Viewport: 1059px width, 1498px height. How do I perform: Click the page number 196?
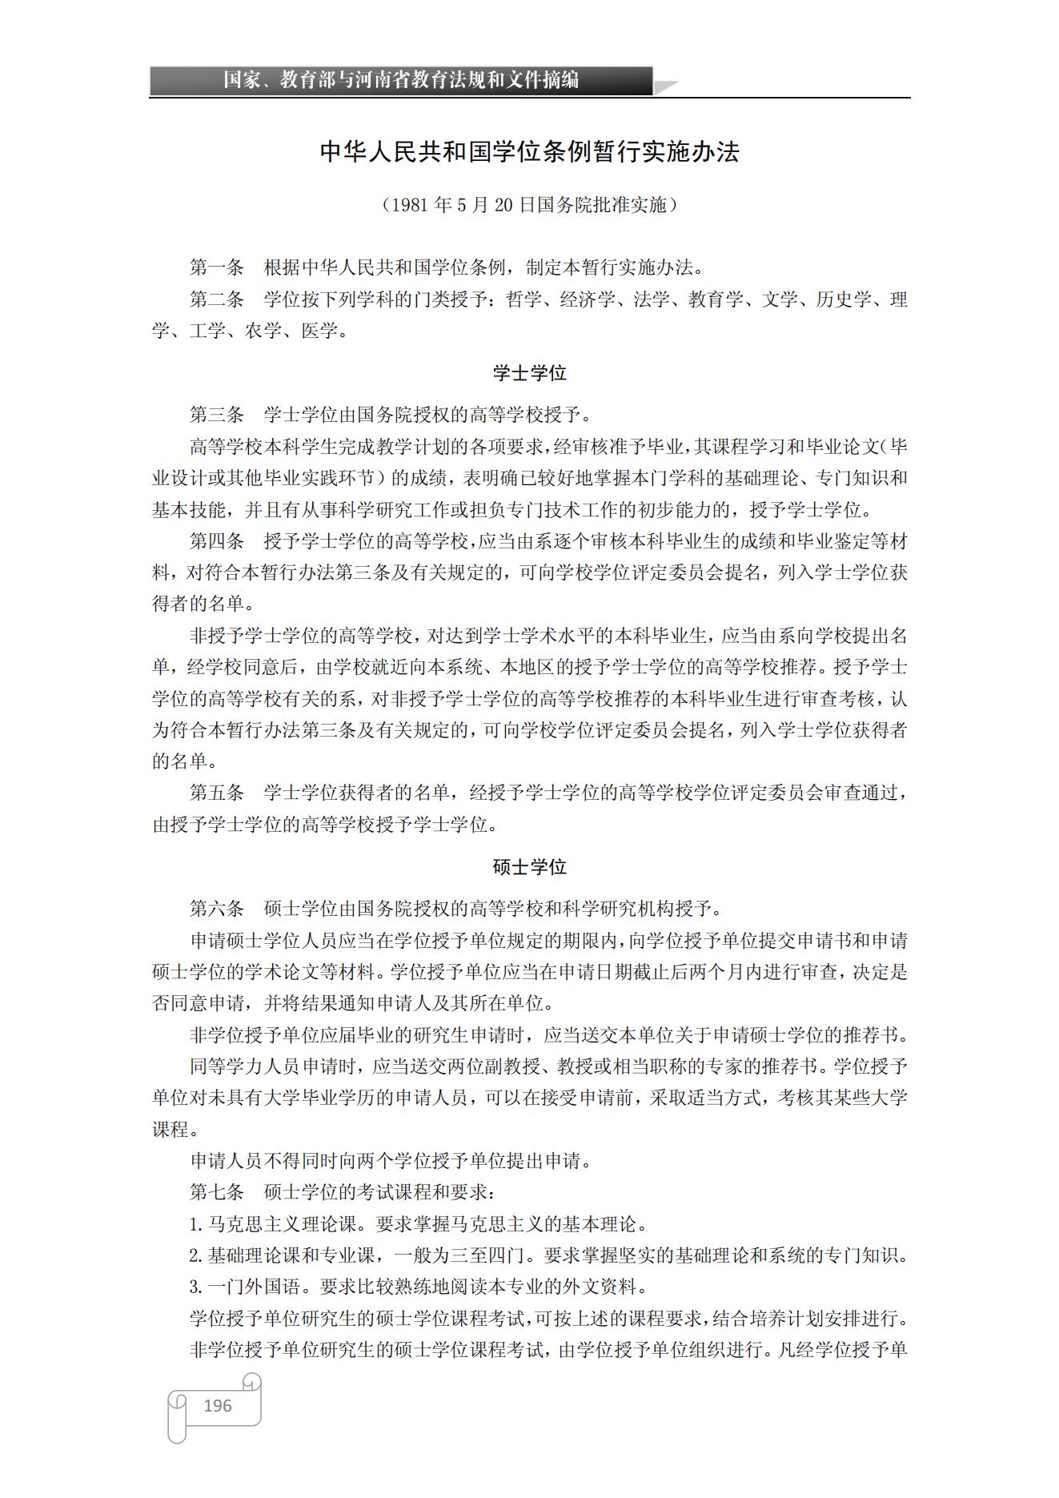[x=217, y=1405]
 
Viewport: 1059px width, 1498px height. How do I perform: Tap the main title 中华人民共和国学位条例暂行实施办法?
[x=529, y=152]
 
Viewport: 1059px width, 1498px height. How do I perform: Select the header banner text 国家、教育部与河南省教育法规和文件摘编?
[x=400, y=80]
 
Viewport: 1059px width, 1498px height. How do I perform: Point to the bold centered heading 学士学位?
[x=529, y=373]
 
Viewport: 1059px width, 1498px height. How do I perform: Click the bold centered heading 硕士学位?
[x=529, y=867]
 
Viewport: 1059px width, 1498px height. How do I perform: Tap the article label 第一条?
[x=216, y=267]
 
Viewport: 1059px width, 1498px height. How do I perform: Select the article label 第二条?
[x=216, y=299]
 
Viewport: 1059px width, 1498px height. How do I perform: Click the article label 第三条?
[x=216, y=415]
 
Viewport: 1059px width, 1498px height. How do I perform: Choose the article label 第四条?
[x=216, y=541]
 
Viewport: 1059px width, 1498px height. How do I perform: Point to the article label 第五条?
[x=216, y=793]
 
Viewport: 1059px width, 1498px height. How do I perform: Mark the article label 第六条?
[x=216, y=909]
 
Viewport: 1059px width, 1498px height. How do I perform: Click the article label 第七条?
[x=216, y=1192]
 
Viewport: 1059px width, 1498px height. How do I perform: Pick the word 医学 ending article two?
[x=319, y=331]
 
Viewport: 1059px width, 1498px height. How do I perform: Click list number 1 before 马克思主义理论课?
[x=195, y=1224]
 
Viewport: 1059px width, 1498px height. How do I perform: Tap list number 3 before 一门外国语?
[x=195, y=1287]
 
